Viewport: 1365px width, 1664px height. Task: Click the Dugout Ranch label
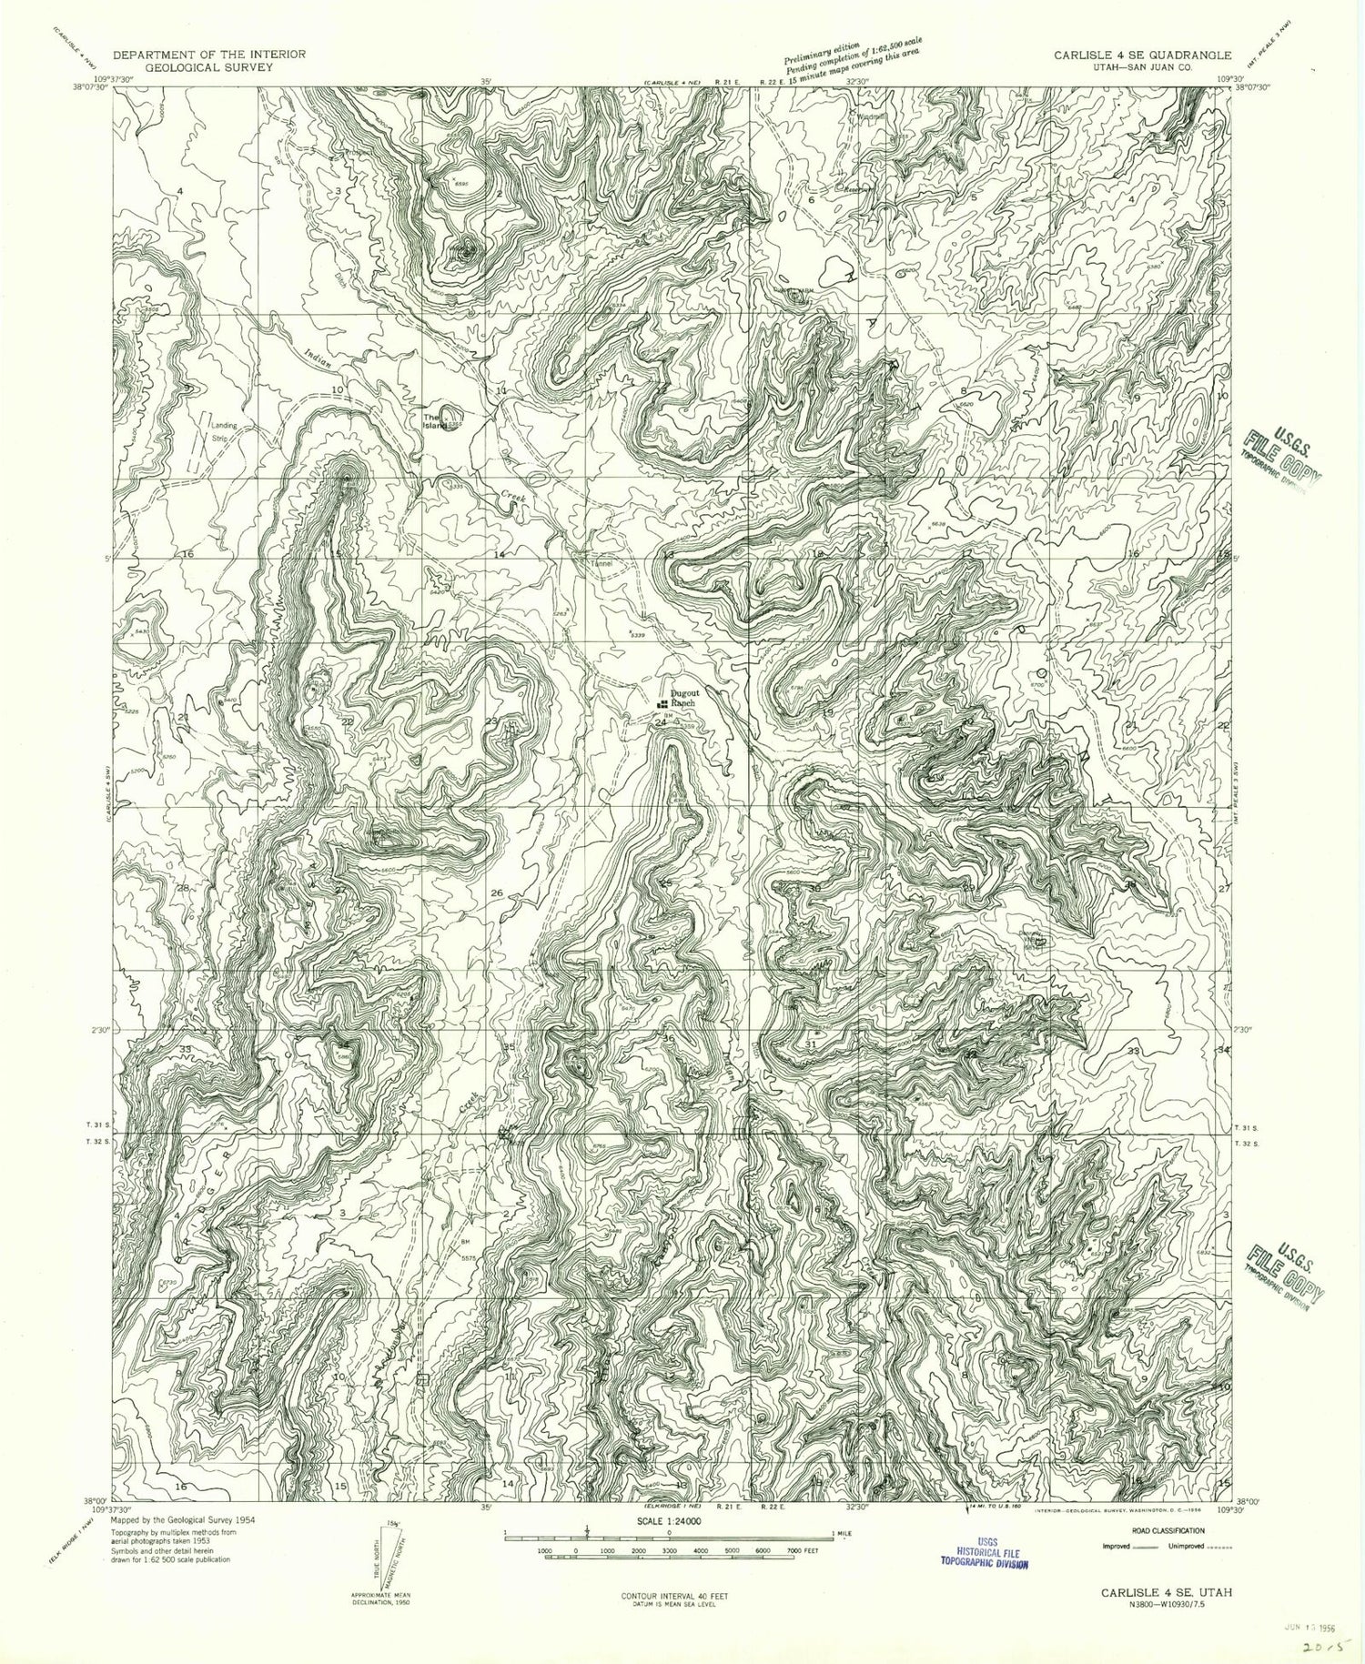682,698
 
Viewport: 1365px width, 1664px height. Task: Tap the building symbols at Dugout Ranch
662,703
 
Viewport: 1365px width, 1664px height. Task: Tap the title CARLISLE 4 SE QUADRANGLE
1143,55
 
